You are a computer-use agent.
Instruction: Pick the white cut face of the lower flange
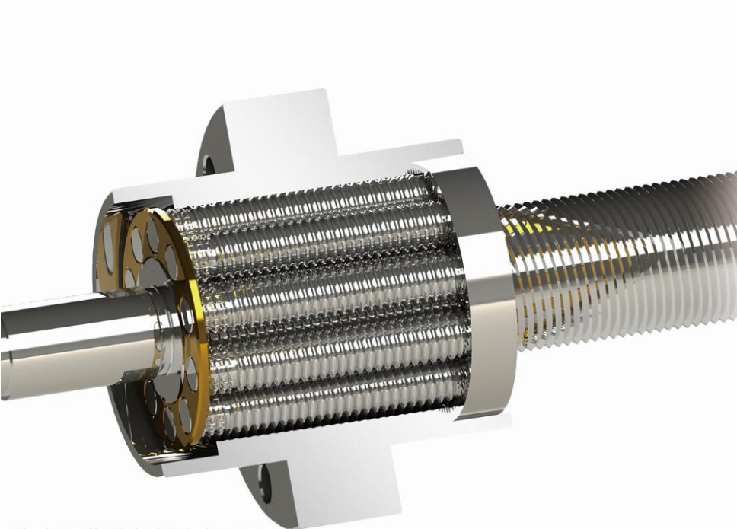tap(335, 472)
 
